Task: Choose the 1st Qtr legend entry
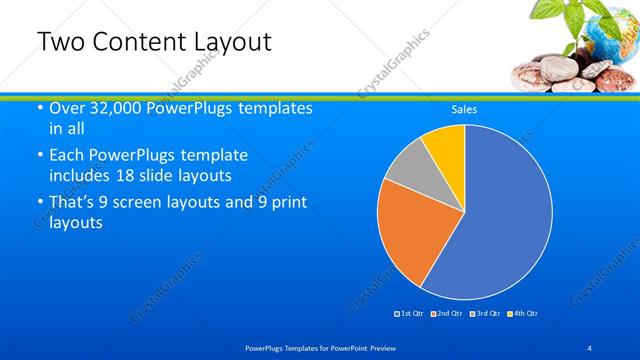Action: tap(410, 314)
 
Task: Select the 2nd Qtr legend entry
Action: tap(447, 314)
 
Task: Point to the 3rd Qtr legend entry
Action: tap(485, 314)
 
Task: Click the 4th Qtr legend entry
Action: tap(522, 314)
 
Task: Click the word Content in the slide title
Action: tap(137, 42)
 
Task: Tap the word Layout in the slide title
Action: tap(230, 42)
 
